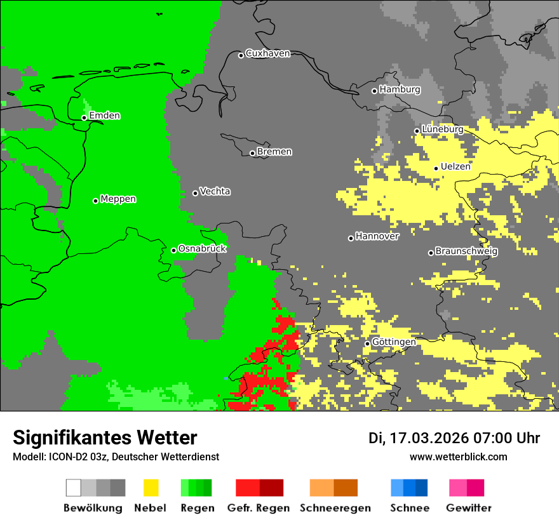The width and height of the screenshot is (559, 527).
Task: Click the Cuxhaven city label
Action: tap(267, 53)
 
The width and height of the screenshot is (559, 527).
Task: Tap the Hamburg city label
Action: tap(400, 90)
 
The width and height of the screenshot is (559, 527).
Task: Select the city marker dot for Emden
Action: tap(84, 117)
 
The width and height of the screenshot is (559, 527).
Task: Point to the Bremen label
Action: tap(274, 152)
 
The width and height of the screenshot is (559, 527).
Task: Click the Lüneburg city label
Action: tap(442, 129)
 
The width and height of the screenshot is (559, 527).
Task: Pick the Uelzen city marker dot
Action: tap(436, 168)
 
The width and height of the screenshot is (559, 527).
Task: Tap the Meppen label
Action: tap(118, 199)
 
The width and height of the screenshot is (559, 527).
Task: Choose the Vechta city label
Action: tap(215, 191)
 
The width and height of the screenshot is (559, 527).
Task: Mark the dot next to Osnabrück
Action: tap(173, 250)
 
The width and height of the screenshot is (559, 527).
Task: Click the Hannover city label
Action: tap(377, 236)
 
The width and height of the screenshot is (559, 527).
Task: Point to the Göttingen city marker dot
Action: tap(367, 344)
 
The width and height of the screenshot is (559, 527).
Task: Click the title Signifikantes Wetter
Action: tap(105, 437)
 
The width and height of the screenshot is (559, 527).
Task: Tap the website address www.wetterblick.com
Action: tap(458, 457)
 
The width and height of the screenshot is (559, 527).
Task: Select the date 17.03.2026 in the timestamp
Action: tap(426, 438)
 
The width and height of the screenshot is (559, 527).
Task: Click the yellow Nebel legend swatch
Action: tap(151, 488)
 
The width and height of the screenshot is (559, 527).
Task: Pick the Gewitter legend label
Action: tap(468, 508)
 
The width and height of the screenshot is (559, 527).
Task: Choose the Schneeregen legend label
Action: tap(335, 508)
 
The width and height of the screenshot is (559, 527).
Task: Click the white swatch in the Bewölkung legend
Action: tap(73, 488)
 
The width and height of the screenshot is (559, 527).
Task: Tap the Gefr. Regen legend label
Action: tap(259, 508)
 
